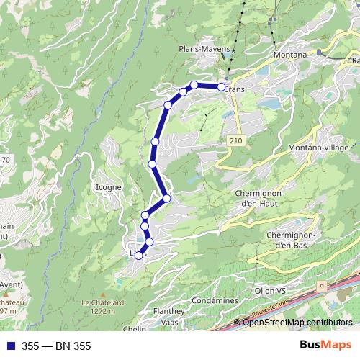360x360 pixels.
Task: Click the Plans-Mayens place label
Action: point(204,49)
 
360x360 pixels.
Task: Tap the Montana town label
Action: point(290,55)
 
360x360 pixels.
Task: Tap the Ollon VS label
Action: point(270,290)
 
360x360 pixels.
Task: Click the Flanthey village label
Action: point(168,311)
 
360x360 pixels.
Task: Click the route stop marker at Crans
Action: point(221,87)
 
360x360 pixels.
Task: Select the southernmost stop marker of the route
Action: point(139,256)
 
